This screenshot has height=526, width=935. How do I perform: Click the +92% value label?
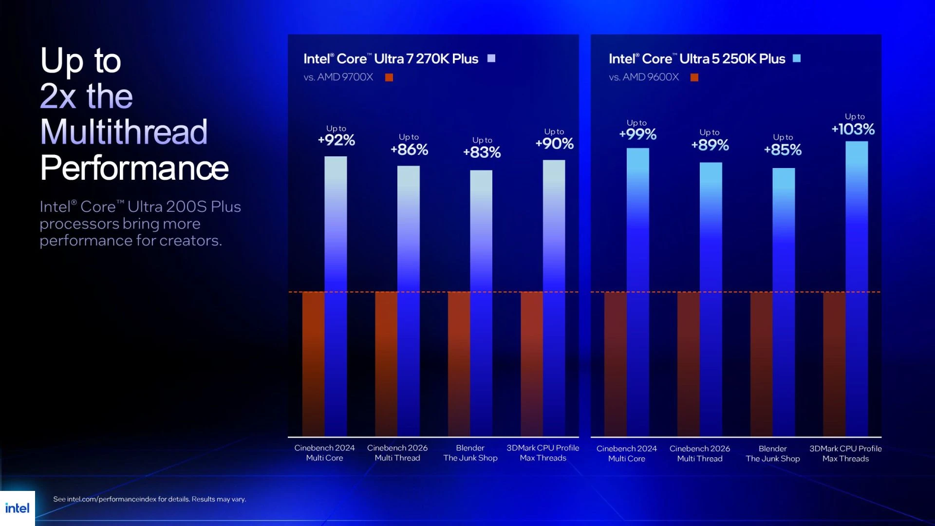pyautogui.click(x=337, y=140)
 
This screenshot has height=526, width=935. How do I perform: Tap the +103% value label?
pyautogui.click(x=853, y=129)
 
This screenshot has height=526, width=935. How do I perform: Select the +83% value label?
pyautogui.click(x=482, y=152)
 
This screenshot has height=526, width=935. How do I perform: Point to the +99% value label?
pyautogui.click(x=637, y=134)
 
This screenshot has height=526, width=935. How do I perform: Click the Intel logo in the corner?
pyautogui.click(x=18, y=508)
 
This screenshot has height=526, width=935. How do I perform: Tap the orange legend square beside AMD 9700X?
pyautogui.click(x=389, y=77)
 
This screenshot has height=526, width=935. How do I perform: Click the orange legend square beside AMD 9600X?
pyautogui.click(x=694, y=77)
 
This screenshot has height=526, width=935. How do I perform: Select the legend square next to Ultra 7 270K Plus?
pyautogui.click(x=491, y=58)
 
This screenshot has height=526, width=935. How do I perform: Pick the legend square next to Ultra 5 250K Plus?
pyautogui.click(x=797, y=58)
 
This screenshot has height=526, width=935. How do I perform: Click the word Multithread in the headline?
pyautogui.click(x=124, y=132)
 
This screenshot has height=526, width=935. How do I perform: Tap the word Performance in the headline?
pyautogui.click(x=134, y=168)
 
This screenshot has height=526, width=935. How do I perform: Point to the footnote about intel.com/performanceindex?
pyautogui.click(x=150, y=499)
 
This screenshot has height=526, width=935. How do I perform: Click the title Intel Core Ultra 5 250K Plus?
pyautogui.click(x=697, y=59)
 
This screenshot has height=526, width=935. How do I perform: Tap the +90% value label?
pyautogui.click(x=555, y=144)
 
